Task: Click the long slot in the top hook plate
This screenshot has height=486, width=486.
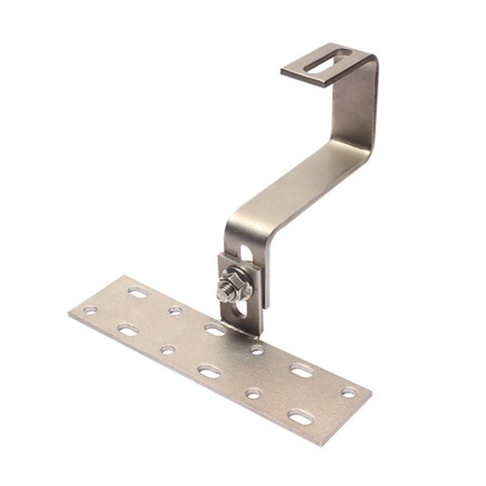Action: [x=328, y=61]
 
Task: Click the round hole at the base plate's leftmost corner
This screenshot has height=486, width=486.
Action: [x=90, y=310]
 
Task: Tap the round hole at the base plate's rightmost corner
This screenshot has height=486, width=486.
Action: [x=349, y=392]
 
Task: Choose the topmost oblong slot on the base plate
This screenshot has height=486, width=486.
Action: [x=138, y=292]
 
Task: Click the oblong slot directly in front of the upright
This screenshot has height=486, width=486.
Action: [x=215, y=329]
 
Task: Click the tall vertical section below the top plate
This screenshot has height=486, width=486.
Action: [x=358, y=103]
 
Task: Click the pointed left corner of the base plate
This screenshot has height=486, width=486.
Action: [x=69, y=313]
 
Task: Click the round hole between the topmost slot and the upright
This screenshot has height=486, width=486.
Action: [x=175, y=310]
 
